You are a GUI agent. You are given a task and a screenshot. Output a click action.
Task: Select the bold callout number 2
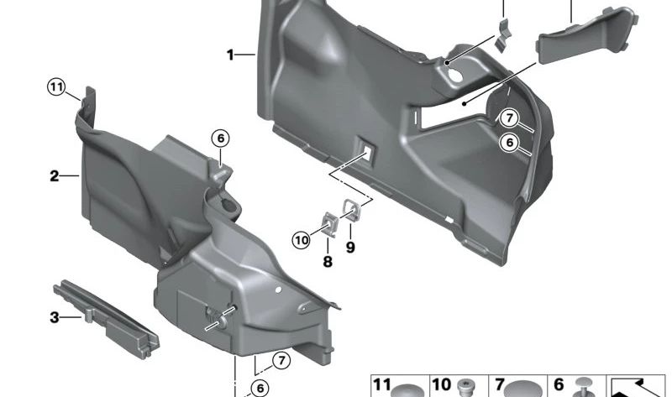click(x=54, y=176)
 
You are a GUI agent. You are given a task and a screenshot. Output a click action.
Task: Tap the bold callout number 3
click(x=54, y=317)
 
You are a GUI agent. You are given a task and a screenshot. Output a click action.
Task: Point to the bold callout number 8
click(x=328, y=262)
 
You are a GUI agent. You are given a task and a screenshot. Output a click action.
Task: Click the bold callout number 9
click(x=350, y=248)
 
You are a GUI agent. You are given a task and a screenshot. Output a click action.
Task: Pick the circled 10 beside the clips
click(x=301, y=241)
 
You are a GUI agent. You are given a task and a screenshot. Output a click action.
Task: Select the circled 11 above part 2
click(x=56, y=86)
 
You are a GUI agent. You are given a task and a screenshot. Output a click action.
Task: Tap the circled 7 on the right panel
click(x=509, y=118)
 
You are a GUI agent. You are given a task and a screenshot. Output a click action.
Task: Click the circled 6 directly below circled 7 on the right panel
click(x=509, y=144)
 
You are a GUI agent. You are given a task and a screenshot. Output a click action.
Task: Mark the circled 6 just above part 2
click(x=219, y=138)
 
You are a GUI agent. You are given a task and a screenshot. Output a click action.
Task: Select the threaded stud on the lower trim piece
click(x=223, y=317)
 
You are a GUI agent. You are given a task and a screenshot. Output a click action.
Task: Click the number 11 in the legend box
click(x=383, y=385)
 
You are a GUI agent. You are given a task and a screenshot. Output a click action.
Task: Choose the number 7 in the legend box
click(x=500, y=385)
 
